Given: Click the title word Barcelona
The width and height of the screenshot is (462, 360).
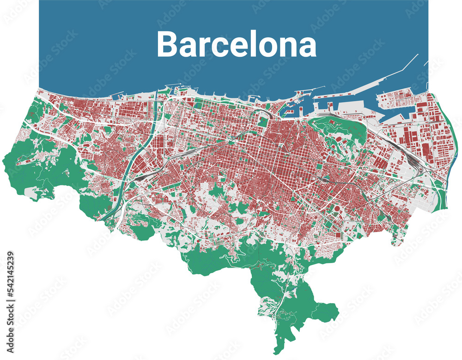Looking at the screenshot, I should coord(237,44).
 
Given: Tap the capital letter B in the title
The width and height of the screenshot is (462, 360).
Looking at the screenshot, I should coord(167,44).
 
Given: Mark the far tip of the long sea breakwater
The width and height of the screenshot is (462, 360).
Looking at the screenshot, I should coord(417,54).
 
